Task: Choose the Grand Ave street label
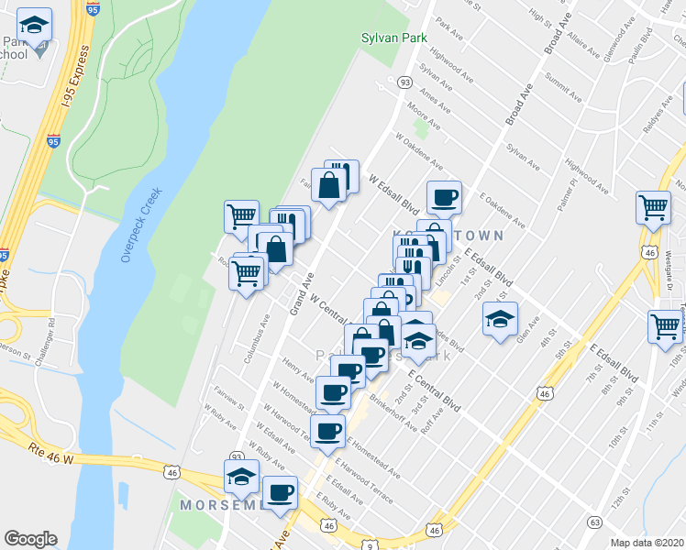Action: click(x=303, y=293)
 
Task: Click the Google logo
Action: click(x=30, y=539)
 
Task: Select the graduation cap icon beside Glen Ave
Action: click(x=500, y=320)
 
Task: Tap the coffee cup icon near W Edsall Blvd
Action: click(x=445, y=197)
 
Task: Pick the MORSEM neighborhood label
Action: click(x=221, y=505)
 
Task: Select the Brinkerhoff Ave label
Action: click(x=393, y=413)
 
